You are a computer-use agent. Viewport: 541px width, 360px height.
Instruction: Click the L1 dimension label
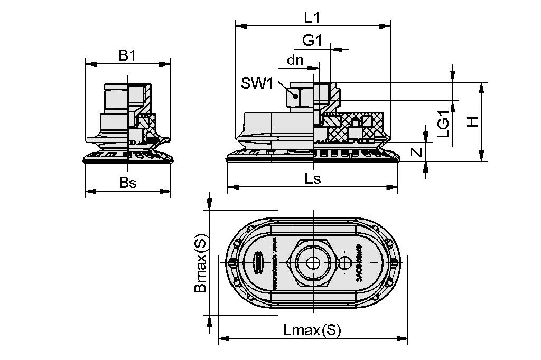312,17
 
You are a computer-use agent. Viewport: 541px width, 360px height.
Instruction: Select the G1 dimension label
312,41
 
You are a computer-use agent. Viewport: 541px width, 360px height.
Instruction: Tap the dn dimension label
295,60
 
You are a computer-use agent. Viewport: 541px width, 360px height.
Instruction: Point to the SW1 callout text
257,83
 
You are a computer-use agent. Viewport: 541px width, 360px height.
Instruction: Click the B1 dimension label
127,55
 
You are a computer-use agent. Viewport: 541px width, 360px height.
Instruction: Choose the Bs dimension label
127,183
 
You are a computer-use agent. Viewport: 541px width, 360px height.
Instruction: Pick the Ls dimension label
312,178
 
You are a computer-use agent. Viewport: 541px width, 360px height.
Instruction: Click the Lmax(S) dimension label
312,330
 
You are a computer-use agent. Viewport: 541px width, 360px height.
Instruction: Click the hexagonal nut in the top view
312,262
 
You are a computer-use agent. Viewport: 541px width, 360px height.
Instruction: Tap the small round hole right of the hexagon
346,262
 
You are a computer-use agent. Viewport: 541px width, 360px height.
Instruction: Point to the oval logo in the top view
259,262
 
